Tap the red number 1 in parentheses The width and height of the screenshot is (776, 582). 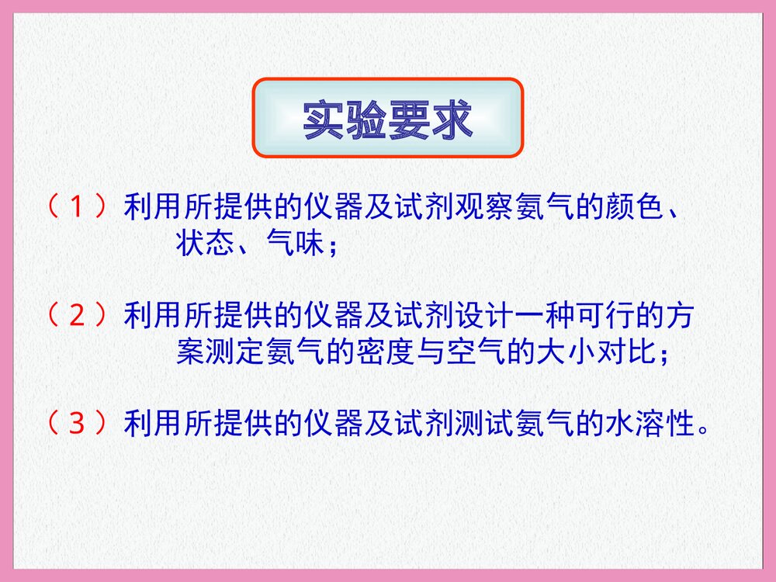click(76, 207)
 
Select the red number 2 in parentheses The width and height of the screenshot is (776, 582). click(76, 316)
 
